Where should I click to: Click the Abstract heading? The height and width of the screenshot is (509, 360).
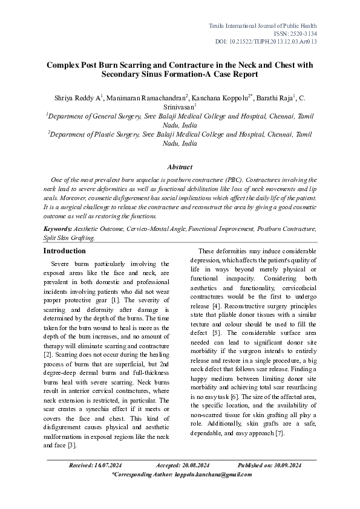(180, 167)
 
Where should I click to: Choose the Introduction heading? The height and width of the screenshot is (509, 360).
(65, 251)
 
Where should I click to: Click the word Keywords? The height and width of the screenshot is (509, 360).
(57, 229)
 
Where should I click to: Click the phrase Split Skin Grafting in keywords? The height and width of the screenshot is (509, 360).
(68, 238)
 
